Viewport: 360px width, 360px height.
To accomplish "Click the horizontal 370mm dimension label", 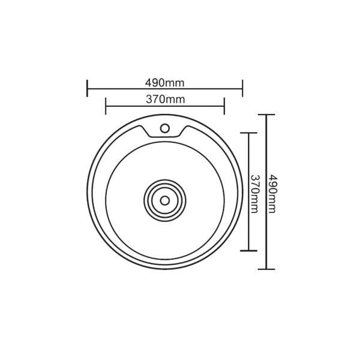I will click(165, 100).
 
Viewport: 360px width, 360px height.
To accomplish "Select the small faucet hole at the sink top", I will click(165, 127).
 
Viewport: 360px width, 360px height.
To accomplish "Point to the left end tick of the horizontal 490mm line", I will click(88, 88).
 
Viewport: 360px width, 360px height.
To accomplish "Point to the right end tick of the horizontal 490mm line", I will click(242, 88).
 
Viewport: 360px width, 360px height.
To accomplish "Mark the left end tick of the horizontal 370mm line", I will click(106, 107).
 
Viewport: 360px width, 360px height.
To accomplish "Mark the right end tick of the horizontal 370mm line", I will click(224, 107).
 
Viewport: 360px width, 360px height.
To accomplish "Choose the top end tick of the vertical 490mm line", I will click(266, 115).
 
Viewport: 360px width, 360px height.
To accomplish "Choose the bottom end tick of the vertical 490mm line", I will click(266, 270).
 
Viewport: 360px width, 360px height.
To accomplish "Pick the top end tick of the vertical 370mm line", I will click(248, 132).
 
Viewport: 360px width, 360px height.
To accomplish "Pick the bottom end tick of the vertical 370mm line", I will click(248, 251).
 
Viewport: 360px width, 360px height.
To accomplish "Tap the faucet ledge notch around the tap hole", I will click(165, 133).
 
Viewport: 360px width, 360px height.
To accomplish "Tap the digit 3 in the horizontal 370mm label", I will click(148, 100).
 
